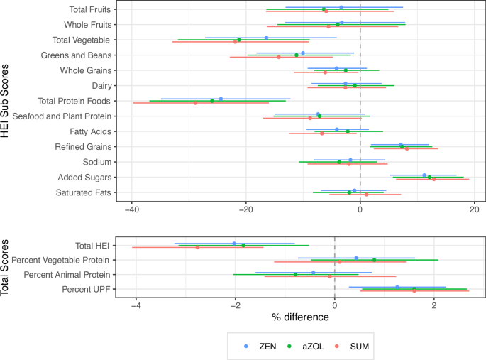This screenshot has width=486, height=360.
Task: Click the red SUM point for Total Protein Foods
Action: coord(196,103)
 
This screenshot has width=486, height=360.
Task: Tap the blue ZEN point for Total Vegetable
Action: coord(266,38)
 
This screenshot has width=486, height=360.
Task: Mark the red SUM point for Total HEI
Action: coord(198,247)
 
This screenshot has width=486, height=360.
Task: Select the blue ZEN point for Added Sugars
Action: coord(424,175)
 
